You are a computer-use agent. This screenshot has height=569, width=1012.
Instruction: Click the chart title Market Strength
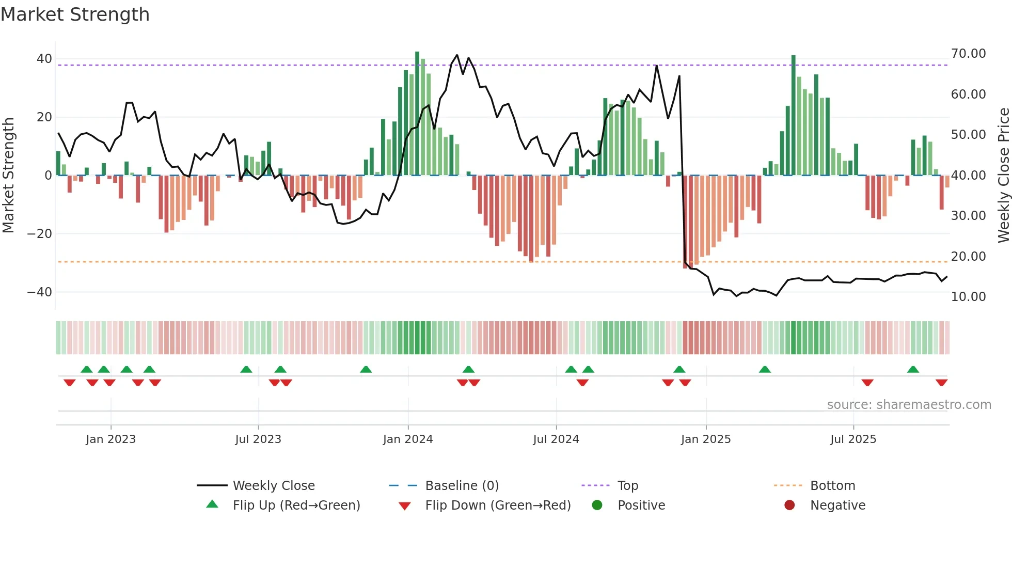pyautogui.click(x=75, y=14)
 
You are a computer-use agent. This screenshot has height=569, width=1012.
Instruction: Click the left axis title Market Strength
pyautogui.click(x=8, y=175)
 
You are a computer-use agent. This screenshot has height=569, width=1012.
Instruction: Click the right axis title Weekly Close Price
pyautogui.click(x=1003, y=175)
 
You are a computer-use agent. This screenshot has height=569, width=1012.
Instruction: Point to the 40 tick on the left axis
pyautogui.click(x=44, y=59)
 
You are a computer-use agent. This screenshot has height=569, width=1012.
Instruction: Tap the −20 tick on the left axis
pyautogui.click(x=40, y=234)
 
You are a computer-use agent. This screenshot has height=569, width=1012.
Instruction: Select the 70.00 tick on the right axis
pyautogui.click(x=968, y=54)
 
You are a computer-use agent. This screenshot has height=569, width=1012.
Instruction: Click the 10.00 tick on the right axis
pyautogui.click(x=968, y=297)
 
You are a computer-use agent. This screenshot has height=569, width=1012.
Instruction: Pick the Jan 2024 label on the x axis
pyautogui.click(x=408, y=439)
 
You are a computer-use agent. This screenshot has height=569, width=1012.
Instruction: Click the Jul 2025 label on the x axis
pyautogui.click(x=853, y=439)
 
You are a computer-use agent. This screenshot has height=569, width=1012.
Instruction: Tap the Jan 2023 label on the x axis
pyautogui.click(x=110, y=439)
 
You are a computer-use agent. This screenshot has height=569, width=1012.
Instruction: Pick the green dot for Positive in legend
pyautogui.click(x=597, y=505)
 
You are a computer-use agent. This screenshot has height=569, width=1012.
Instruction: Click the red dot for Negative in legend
pyautogui.click(x=789, y=505)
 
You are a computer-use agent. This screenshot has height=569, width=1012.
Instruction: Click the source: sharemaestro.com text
pyautogui.click(x=909, y=405)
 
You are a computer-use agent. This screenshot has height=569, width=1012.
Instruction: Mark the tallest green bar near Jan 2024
pyautogui.click(x=417, y=114)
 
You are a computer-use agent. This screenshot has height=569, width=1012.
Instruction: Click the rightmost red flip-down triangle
pyautogui.click(x=941, y=383)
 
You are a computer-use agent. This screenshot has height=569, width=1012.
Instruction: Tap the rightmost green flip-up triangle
pyautogui.click(x=913, y=370)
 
